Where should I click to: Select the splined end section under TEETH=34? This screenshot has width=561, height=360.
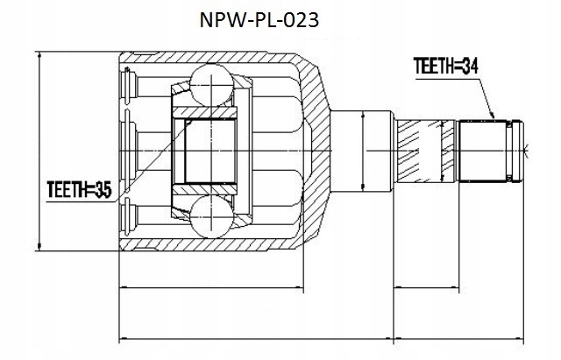(485, 150)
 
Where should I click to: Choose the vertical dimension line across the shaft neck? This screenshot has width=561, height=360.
(364, 150)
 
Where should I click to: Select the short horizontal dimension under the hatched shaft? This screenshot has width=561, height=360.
(428, 286)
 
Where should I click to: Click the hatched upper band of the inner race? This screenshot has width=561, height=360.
(207, 111)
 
